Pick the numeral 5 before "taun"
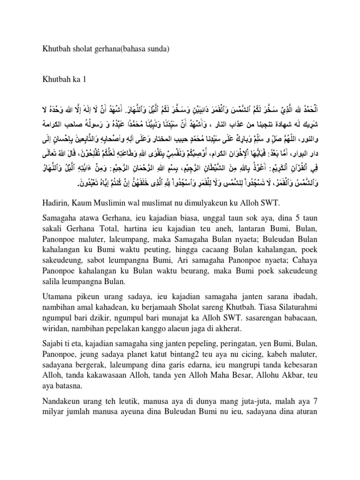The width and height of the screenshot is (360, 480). [289, 217]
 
